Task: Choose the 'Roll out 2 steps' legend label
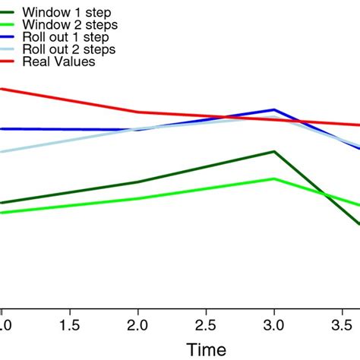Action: point(70,49)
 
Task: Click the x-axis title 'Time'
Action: point(207,350)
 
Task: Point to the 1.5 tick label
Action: point(69,324)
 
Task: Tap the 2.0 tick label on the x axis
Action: point(137,324)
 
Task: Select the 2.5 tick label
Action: point(206,324)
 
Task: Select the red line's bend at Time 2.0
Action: point(137,112)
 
